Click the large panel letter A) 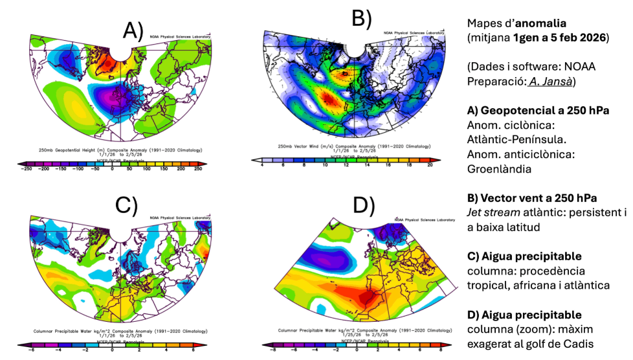133,30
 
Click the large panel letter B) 361,18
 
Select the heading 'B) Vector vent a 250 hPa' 531,197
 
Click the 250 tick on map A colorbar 198,168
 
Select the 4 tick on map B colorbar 261,165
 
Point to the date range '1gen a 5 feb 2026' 560,37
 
